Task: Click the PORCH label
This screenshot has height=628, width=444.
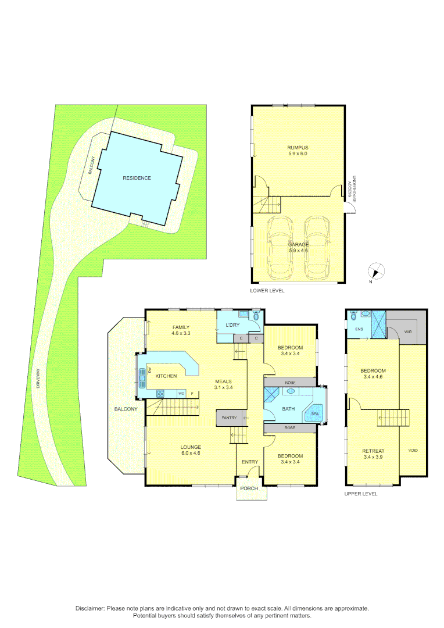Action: [249, 488]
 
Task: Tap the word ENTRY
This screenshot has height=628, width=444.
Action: [250, 462]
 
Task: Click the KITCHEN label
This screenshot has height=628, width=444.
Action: [166, 376]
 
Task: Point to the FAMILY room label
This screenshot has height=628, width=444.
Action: [181, 327]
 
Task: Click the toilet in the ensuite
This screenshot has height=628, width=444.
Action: [364, 315]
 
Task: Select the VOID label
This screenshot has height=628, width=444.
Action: [413, 450]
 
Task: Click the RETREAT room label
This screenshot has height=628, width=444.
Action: [373, 451]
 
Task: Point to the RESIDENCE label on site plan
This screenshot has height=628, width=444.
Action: [137, 178]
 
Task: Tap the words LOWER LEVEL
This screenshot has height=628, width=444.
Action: [267, 290]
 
